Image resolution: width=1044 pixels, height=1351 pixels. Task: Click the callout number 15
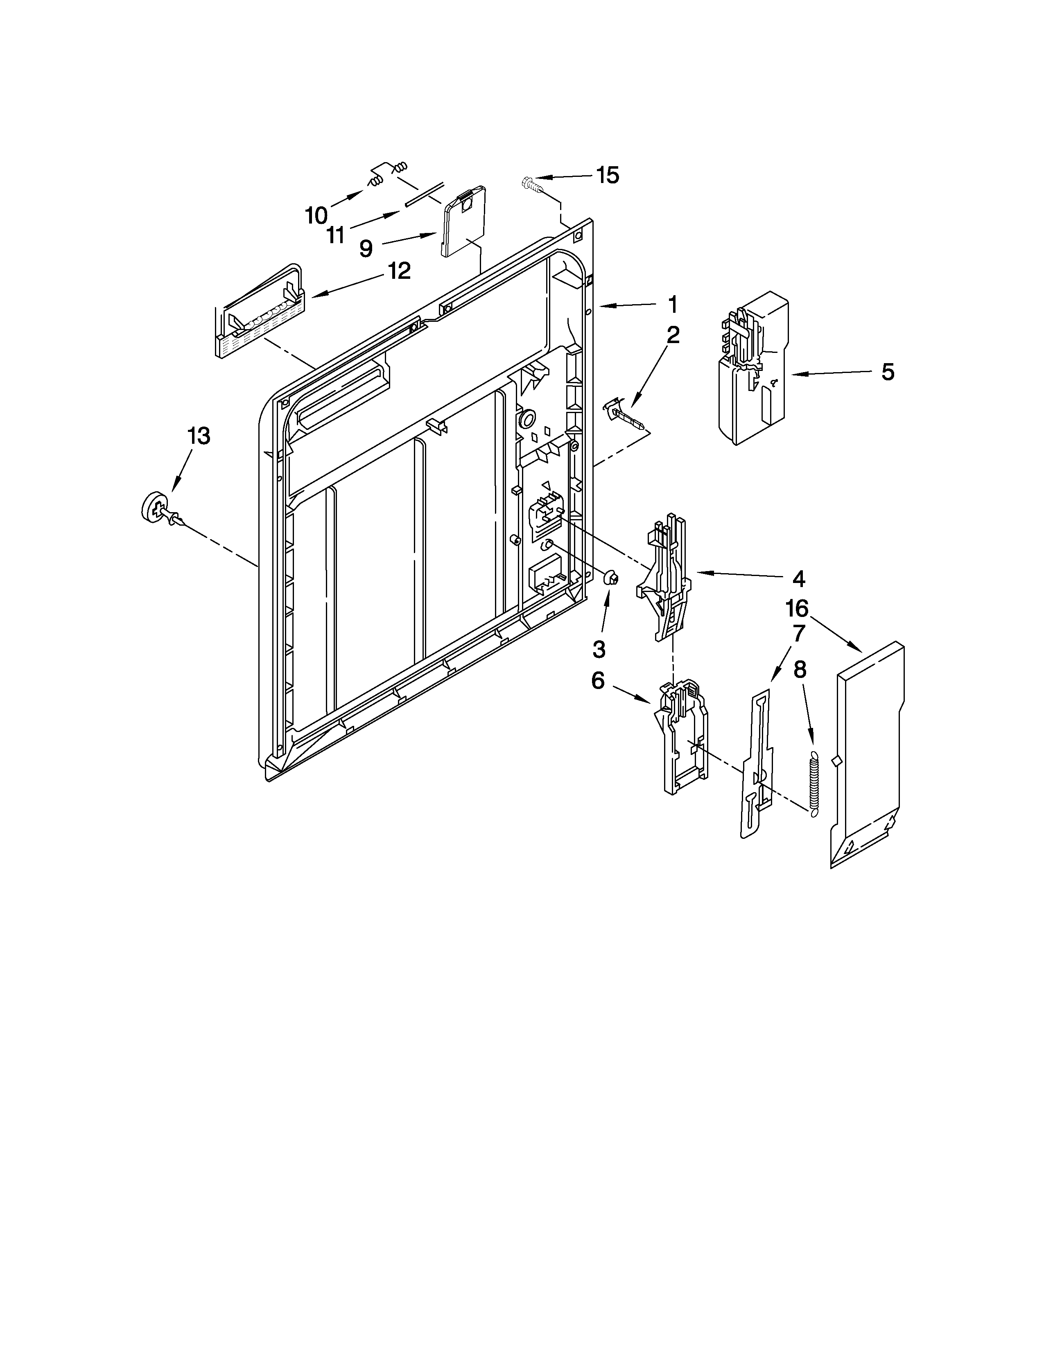click(x=607, y=175)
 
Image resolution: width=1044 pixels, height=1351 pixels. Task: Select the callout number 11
click(x=335, y=235)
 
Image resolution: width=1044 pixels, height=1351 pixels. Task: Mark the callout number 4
click(x=798, y=578)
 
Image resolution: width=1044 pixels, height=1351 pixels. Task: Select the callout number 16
click(x=797, y=609)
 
